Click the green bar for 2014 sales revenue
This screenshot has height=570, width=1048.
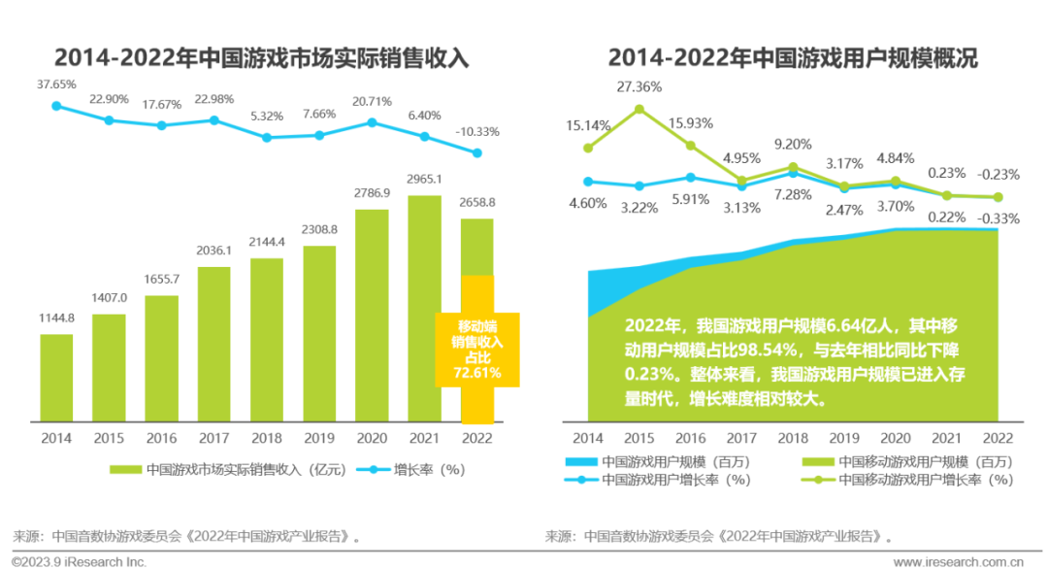(56, 378)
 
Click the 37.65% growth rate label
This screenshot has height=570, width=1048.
(56, 85)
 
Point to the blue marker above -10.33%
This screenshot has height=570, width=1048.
(476, 152)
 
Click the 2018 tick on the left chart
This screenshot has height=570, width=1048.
(267, 438)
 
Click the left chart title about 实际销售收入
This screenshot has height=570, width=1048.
(262, 58)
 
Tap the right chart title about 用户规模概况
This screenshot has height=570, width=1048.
(792, 58)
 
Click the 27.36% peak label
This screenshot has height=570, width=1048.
(639, 87)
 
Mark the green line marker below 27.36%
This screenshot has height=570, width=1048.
(639, 109)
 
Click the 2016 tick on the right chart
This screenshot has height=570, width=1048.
(690, 438)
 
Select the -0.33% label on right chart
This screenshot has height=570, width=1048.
(999, 218)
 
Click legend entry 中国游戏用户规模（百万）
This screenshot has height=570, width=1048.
(664, 462)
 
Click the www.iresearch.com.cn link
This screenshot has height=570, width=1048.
(957, 561)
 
